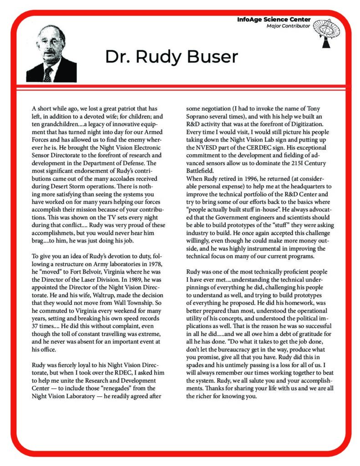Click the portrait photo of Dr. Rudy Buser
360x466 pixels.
click(51, 53)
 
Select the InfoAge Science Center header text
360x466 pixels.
click(274, 20)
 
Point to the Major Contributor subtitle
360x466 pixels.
click(289, 26)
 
